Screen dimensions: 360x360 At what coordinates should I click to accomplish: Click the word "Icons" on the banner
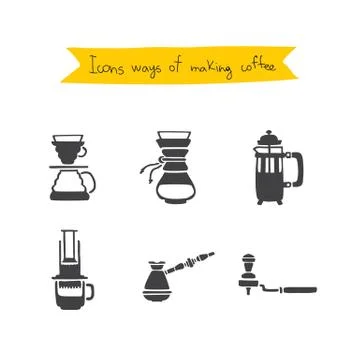point(107,69)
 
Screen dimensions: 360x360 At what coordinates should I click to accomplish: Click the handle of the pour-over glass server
point(94,183)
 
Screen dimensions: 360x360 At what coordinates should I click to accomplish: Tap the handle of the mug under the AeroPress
point(92,291)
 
